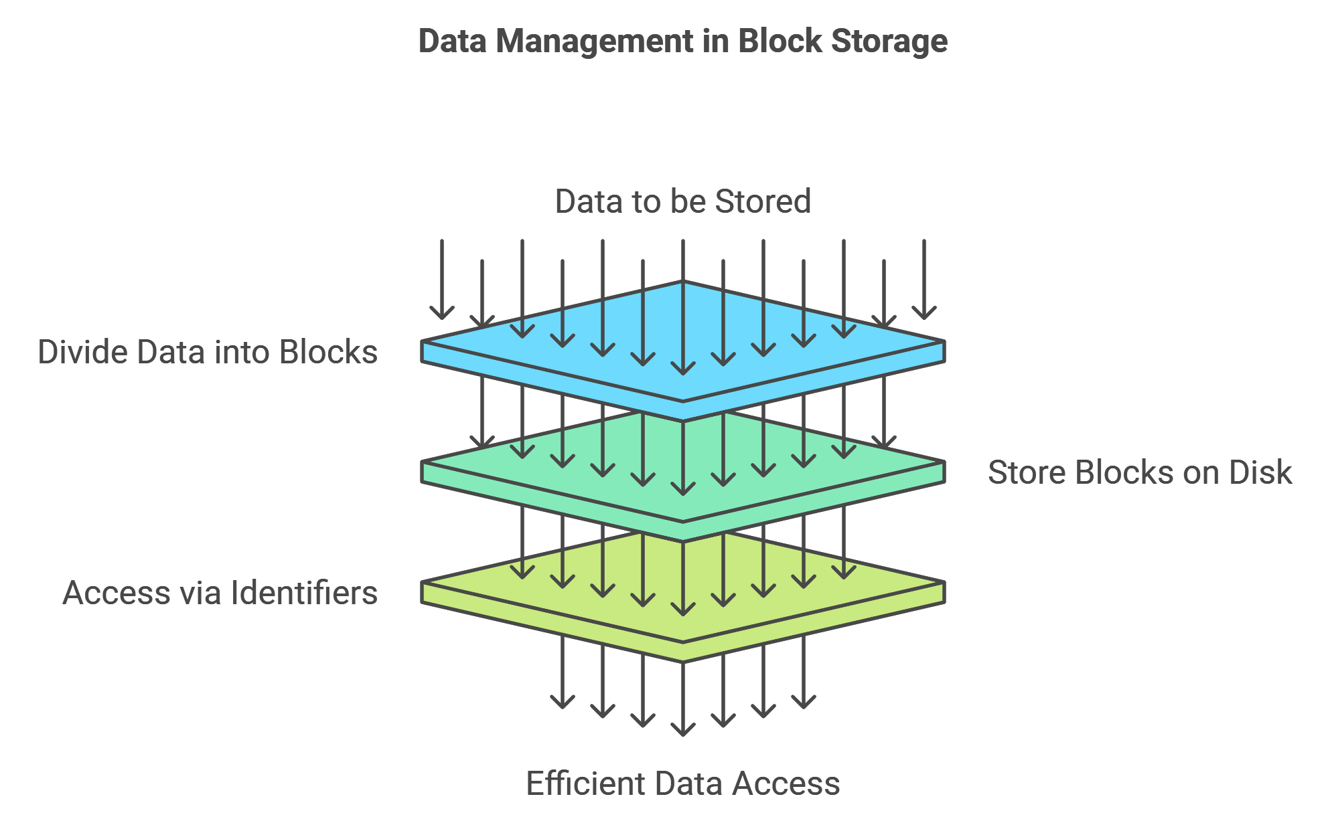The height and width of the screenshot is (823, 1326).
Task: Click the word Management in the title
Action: (x=595, y=41)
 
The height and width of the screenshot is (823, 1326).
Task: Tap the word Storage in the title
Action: (x=889, y=41)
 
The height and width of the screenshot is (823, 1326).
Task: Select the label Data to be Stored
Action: (x=682, y=201)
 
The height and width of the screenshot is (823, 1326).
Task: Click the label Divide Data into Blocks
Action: (x=208, y=352)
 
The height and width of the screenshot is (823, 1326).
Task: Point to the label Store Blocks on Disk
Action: (x=1139, y=472)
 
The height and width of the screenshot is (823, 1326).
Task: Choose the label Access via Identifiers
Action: (x=220, y=593)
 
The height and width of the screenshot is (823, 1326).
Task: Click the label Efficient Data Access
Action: (x=682, y=784)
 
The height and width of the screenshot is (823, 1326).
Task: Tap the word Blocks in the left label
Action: (x=328, y=352)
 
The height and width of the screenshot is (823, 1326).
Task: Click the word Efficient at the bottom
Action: (x=585, y=784)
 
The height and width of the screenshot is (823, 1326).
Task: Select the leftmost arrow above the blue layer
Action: (x=442, y=281)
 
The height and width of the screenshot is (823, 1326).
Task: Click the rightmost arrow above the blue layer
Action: (x=924, y=281)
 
